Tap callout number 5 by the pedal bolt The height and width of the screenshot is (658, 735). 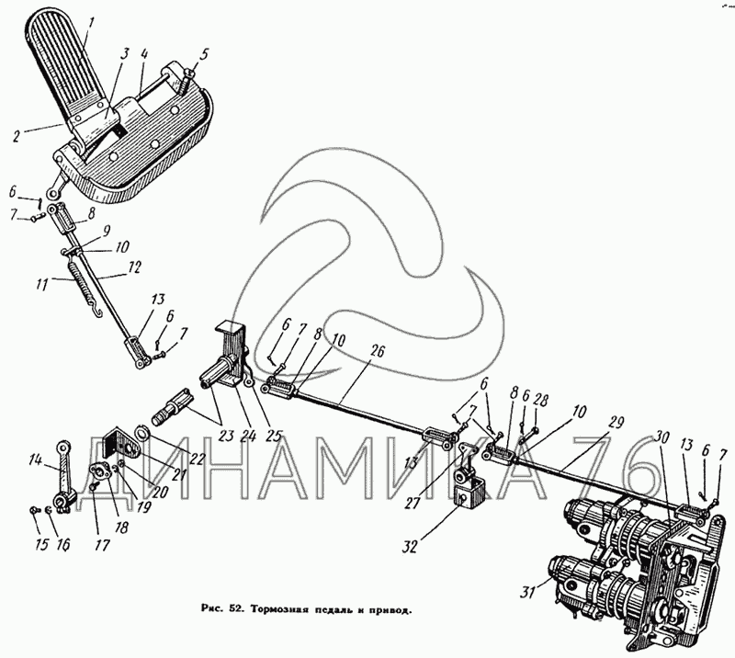coord(205,52)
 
